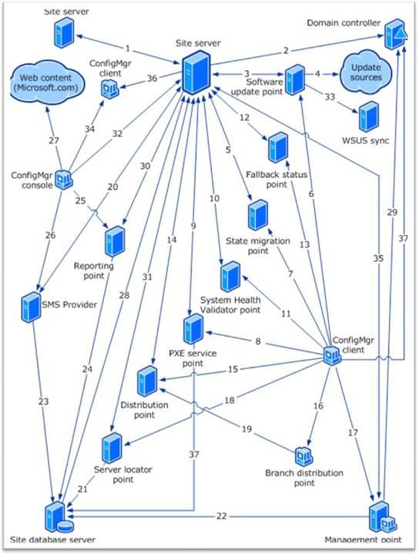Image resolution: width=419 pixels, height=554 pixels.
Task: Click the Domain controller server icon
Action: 396,35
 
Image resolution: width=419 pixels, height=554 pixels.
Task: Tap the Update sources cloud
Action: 366,72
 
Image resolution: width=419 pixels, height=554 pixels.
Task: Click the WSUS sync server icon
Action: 369,117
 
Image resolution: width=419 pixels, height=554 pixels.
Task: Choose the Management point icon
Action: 382,516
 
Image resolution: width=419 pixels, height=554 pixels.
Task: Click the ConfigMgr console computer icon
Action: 64,180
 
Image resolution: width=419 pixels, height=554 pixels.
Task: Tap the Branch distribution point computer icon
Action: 303,456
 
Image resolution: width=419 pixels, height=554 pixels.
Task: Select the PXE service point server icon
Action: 193,329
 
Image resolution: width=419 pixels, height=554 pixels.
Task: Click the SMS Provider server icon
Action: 31,307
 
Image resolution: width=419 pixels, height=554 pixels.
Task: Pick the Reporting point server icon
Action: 115,241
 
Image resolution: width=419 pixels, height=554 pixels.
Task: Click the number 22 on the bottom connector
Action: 221,516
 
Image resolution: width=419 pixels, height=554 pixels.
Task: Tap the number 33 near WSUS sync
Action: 330,96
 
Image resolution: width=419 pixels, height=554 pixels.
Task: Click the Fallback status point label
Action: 277,179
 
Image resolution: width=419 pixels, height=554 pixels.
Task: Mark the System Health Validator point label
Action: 230,305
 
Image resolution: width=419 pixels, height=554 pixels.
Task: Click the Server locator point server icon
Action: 112,448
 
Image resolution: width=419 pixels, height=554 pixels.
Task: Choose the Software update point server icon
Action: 295,79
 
